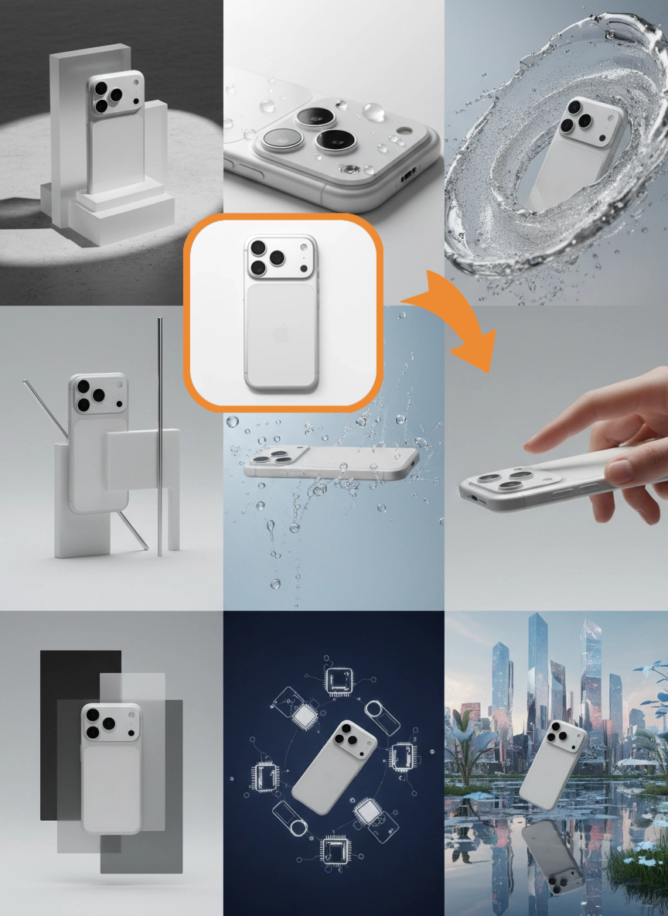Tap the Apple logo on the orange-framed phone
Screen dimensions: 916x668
pyautogui.click(x=281, y=335)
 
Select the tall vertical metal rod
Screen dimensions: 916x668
pyautogui.click(x=159, y=433)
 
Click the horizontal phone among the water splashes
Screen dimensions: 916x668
pyautogui.click(x=329, y=461)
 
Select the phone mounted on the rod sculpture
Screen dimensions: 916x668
pyautogui.click(x=99, y=441)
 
